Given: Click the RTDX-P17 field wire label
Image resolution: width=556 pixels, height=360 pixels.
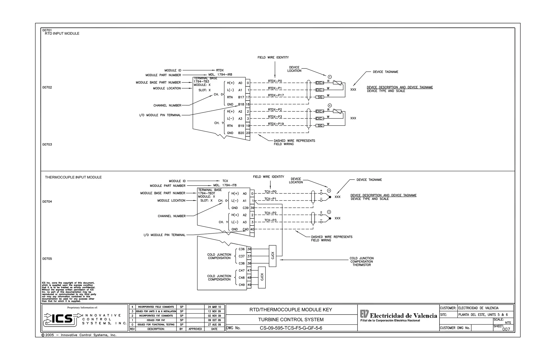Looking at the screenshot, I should pyautogui.click(x=276, y=95).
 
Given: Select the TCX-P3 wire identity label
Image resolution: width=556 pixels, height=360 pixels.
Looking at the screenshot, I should pyautogui.click(x=270, y=220).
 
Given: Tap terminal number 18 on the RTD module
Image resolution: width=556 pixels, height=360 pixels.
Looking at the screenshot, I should pyautogui.click(x=248, y=104).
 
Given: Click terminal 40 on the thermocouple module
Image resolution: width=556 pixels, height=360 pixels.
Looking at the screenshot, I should pyautogui.click(x=252, y=229).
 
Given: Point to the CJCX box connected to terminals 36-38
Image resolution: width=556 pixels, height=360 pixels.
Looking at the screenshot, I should pyautogui.click(x=273, y=256).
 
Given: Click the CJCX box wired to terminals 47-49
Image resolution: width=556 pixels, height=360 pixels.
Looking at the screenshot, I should pyautogui.click(x=262, y=277).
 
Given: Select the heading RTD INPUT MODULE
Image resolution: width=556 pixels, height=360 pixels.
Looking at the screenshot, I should pyautogui.click(x=62, y=34).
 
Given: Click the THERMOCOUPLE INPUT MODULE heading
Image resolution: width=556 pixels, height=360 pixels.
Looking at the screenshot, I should pyautogui.click(x=73, y=177).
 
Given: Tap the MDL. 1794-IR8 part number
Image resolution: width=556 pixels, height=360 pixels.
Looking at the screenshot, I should pyautogui.click(x=220, y=75).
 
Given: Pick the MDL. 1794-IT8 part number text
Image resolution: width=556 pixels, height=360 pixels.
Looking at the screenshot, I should pyautogui.click(x=225, y=185).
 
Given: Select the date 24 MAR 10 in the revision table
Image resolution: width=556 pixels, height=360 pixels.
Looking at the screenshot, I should pyautogui.click(x=214, y=307).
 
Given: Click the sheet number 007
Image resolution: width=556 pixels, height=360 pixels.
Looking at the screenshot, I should pyautogui.click(x=506, y=329).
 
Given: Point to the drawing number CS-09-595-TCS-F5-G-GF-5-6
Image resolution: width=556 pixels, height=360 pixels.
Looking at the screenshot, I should pyautogui.click(x=291, y=328).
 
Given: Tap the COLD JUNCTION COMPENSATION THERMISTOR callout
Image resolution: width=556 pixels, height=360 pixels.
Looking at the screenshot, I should pyautogui.click(x=361, y=262).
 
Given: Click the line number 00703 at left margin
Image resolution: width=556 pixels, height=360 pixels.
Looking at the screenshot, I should pyautogui.click(x=47, y=145).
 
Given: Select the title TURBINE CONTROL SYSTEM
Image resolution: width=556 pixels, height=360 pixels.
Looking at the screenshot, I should pyautogui.click(x=291, y=320).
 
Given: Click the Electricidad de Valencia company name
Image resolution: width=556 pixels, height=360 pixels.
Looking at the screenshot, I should pyautogui.click(x=403, y=316).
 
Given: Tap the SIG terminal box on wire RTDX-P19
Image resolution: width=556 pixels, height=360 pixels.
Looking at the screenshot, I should pyautogui.click(x=320, y=126).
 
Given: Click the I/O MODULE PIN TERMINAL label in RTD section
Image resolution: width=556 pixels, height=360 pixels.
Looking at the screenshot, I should pyautogui.click(x=160, y=115).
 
